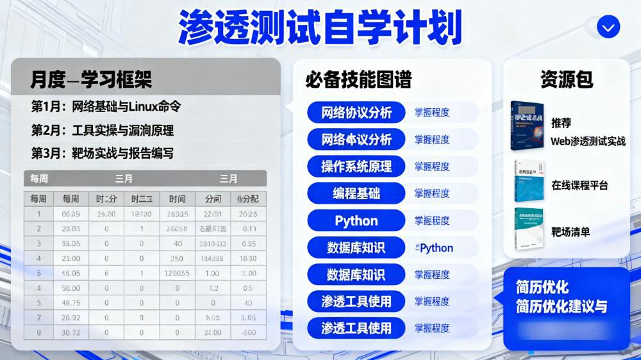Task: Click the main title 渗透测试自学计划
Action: (320, 27)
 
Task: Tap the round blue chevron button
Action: (608, 27)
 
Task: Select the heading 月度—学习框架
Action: (91, 79)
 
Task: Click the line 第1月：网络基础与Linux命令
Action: (106, 107)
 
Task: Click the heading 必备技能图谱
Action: (358, 79)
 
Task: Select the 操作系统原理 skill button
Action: (356, 167)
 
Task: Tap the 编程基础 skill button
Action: (356, 193)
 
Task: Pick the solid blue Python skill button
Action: (356, 221)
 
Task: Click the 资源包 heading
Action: (567, 79)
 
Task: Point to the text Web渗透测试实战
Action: (588, 141)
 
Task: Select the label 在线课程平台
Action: (579, 186)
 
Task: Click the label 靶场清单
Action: (570, 232)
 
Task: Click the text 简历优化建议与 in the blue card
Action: (562, 307)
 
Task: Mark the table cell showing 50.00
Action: (71, 288)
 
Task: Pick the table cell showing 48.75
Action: (71, 303)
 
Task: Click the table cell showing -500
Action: (249, 332)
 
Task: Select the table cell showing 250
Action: (177, 258)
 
